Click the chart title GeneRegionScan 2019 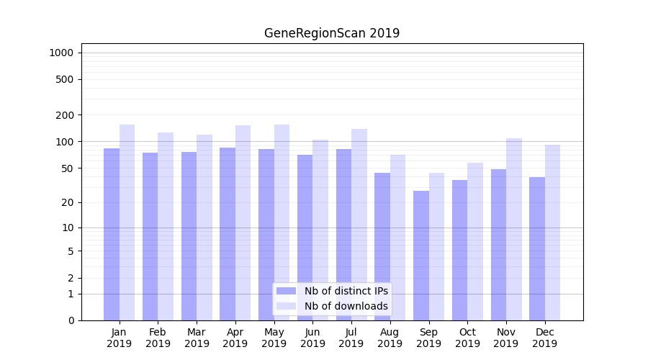pyautogui.click(x=331, y=33)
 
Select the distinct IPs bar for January pyautogui.click(x=112, y=234)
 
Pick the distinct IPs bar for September pyautogui.click(x=421, y=256)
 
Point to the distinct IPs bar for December pyautogui.click(x=537, y=248)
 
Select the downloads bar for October pyautogui.click(x=475, y=241)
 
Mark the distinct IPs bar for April pyautogui.click(x=228, y=234)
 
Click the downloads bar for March pyautogui.click(x=204, y=227)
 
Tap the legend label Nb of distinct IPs pyautogui.click(x=346, y=291)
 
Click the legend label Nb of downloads pyautogui.click(x=346, y=306)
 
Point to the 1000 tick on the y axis pyautogui.click(x=61, y=53)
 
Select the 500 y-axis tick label pyautogui.click(x=66, y=79)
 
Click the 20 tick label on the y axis pyautogui.click(x=68, y=202)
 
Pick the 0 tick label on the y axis pyautogui.click(x=71, y=320)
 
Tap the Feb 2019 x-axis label pyautogui.click(x=158, y=338)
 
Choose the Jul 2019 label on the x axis pyautogui.click(x=351, y=338)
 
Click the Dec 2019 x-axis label pyautogui.click(x=544, y=338)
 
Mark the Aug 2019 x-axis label pyautogui.click(x=390, y=338)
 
